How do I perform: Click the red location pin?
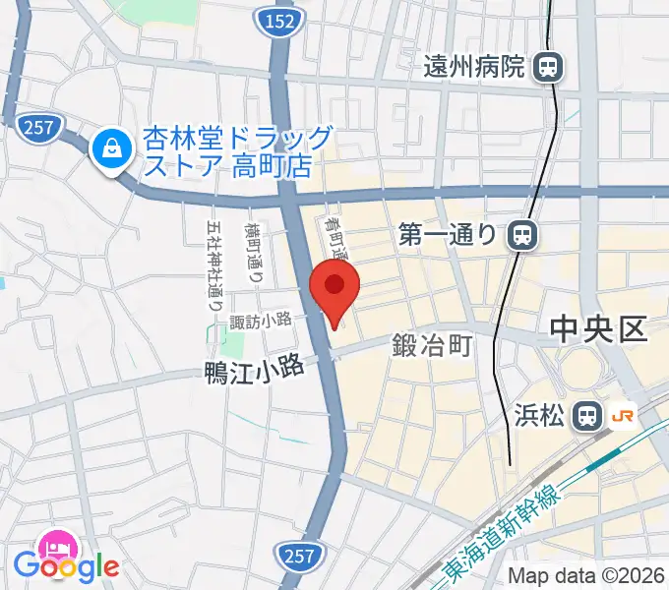(x=334, y=288)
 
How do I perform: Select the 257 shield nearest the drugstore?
(x=39, y=125)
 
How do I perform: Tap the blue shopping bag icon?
(x=108, y=149)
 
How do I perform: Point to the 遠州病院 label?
(x=475, y=67)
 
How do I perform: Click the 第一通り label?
(x=451, y=234)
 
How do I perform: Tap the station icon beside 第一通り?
(x=522, y=234)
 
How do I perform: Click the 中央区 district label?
(x=598, y=328)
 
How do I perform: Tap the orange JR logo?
(x=623, y=415)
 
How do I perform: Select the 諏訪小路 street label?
(x=261, y=319)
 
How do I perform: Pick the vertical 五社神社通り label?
(x=215, y=265)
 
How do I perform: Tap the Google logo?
(x=65, y=565)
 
